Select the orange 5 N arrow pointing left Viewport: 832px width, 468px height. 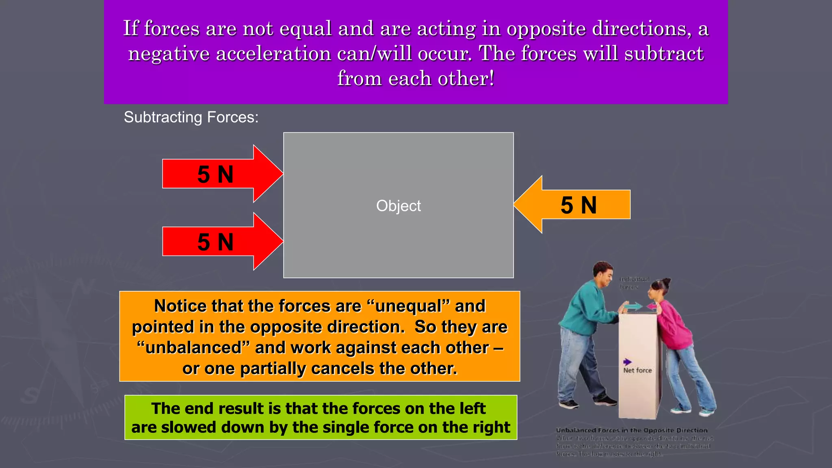pyautogui.click(x=573, y=205)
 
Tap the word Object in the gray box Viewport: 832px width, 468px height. pyautogui.click(x=398, y=206)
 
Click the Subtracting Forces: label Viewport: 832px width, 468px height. pyautogui.click(x=191, y=117)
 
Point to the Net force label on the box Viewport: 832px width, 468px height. pyautogui.click(x=637, y=370)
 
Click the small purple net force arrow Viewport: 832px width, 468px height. pyautogui.click(x=627, y=362)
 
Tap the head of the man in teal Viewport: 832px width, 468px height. pyautogui.click(x=603, y=273)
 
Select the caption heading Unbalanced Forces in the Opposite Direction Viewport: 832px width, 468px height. pyautogui.click(x=632, y=430)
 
